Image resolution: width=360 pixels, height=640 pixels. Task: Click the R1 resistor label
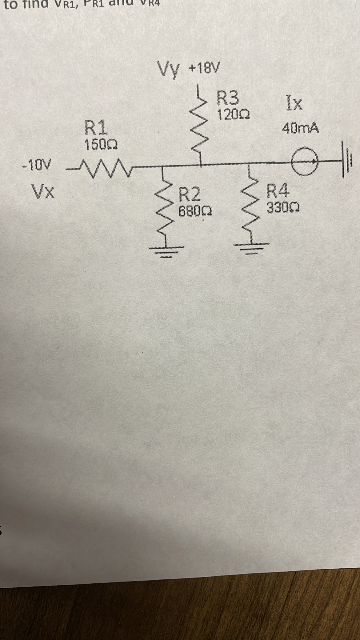coord(96,128)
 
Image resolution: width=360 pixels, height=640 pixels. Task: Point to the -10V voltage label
coord(36,165)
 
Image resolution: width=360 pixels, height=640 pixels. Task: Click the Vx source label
coord(43,192)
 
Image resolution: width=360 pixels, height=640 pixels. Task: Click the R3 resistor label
coord(228,98)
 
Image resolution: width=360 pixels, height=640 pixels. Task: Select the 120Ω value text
coord(233,115)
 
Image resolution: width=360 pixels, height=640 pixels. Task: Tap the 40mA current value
coord(300,128)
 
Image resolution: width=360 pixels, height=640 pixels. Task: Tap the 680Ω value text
coord(194,211)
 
